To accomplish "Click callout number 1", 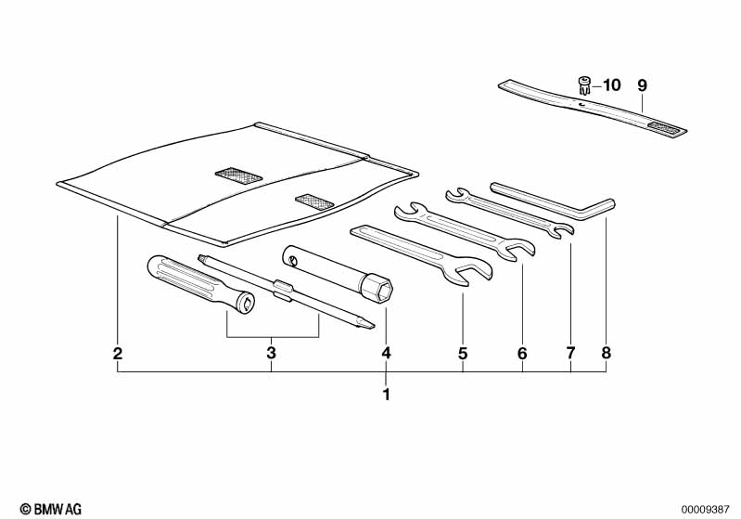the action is [x=387, y=395].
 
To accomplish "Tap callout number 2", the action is [x=118, y=353].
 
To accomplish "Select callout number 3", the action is [x=272, y=353].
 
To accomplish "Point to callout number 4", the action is [x=387, y=353].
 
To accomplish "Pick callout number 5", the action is [x=462, y=353].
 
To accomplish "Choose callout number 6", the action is [x=522, y=353].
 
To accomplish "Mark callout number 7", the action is [x=570, y=353].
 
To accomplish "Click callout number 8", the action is [x=607, y=353].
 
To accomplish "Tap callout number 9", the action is [x=641, y=85].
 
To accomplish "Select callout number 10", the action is [x=611, y=85].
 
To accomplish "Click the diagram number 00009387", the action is [x=707, y=509].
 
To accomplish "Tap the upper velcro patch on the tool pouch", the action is [x=238, y=174].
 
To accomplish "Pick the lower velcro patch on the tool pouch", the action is [x=313, y=200].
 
